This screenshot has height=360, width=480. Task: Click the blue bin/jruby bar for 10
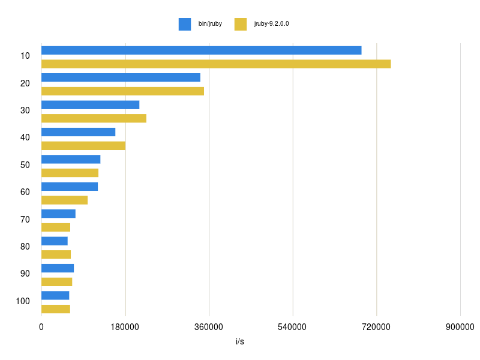201,50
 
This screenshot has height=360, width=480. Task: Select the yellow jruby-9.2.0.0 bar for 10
216,64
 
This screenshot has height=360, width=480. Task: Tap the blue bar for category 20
121,77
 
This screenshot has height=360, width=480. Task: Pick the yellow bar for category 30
94,118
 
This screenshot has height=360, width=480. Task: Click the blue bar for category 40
78,132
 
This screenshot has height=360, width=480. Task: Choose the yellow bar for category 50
70,173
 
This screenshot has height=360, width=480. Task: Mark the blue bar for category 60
70,187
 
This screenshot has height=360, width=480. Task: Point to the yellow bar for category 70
56,227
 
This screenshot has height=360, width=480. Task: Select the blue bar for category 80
55,241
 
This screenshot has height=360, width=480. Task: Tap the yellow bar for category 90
56,282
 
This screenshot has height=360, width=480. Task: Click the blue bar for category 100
55,295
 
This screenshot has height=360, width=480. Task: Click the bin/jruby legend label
210,24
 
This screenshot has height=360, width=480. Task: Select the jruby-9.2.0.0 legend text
271,24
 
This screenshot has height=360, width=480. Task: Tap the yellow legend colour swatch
241,24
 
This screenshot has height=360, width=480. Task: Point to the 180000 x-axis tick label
125,327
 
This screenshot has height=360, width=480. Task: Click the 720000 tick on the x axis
377,327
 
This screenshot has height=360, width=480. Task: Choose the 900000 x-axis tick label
460,327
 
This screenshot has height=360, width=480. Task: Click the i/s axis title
240,342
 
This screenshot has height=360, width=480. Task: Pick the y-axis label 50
25,165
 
